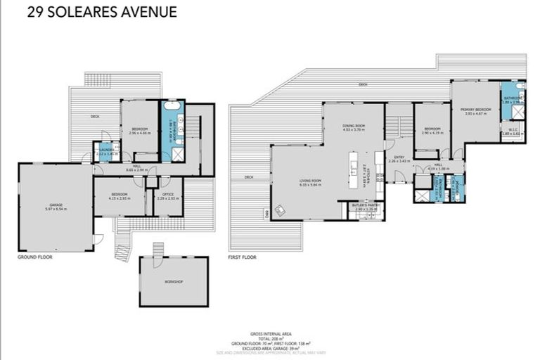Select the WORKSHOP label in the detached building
coord(174,281)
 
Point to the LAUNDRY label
coord(106,149)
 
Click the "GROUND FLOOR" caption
coord(35,257)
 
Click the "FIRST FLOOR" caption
coord(243,257)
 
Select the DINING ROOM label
coord(352,125)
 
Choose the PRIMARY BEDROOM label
coord(475,110)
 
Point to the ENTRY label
coord(399,157)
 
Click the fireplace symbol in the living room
coord(280,209)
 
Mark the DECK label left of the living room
coord(248,177)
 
